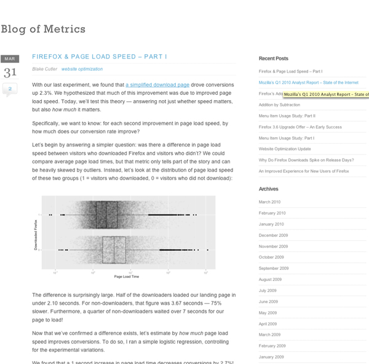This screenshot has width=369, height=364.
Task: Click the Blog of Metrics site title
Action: coord(43,29)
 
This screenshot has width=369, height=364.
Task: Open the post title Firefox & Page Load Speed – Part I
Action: coord(100,57)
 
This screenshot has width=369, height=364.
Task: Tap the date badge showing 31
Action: coord(10,73)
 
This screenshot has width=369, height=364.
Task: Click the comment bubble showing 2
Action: coord(10,90)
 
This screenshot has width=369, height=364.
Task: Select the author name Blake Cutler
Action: coord(44,69)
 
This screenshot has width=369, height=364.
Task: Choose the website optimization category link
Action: coord(82,69)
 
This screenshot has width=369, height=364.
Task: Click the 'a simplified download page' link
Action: coord(157,84)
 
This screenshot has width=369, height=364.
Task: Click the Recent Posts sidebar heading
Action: coord(274,58)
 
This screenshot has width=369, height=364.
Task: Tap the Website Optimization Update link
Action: coord(284,149)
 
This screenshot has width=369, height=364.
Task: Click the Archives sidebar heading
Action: coord(268,189)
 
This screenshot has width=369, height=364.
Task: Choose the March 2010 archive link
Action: coord(269,202)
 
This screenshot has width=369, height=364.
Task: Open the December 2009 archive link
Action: coord(273,235)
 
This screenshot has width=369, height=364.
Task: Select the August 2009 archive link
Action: coord(271,279)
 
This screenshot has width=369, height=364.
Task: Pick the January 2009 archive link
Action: coord(271,357)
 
